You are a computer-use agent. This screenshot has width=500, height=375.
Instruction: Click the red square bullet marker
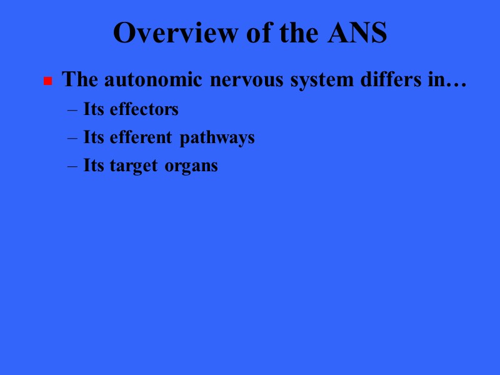(47, 82)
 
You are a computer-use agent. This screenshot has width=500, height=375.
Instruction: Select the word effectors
(144, 109)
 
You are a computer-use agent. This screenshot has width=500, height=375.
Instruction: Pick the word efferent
(142, 137)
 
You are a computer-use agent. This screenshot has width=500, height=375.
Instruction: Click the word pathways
(217, 138)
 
